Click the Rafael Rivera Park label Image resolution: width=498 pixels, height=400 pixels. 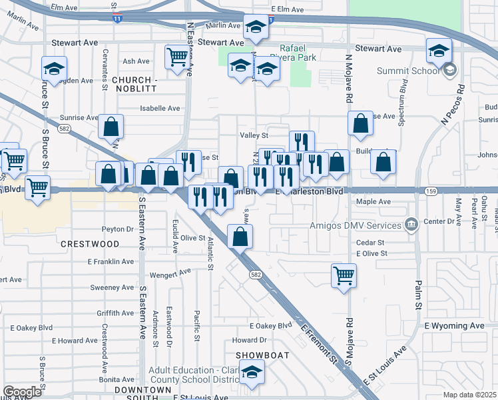pos(297,53)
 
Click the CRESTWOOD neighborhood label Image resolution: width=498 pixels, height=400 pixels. pos(89,244)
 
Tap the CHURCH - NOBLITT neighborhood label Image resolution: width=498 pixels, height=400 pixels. pos(133,84)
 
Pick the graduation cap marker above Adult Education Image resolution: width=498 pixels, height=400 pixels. pos(252,374)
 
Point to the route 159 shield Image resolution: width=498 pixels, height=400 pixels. pos(431,191)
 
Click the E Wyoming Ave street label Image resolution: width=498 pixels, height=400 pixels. pos(454,326)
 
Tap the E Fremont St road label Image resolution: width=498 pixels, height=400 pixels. pos(318,341)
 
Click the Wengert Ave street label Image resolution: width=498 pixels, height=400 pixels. pos(170,272)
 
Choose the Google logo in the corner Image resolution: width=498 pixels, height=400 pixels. pos(22,392)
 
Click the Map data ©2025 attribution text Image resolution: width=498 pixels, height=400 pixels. pos(470,395)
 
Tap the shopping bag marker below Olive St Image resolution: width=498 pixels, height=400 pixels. pos(240,235)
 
